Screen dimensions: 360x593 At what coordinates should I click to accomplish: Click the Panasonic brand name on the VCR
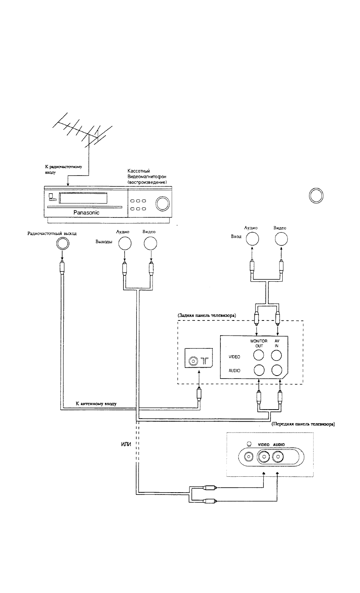(x=86, y=212)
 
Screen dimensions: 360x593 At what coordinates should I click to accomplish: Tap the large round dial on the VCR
(x=162, y=203)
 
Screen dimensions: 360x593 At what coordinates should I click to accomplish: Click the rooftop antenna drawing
(x=82, y=132)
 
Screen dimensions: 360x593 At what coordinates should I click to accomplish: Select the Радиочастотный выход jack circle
(x=63, y=243)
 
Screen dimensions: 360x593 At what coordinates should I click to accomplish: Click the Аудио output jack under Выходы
(x=125, y=243)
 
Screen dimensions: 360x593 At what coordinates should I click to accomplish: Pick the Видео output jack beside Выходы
(x=150, y=243)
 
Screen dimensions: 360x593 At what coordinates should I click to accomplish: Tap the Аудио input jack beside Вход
(x=252, y=239)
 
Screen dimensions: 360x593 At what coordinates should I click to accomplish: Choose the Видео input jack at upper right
(x=281, y=239)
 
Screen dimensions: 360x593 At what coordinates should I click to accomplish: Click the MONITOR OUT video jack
(x=258, y=355)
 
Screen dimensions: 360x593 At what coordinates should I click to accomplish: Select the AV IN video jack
(x=276, y=355)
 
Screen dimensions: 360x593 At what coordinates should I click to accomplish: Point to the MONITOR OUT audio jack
(x=259, y=370)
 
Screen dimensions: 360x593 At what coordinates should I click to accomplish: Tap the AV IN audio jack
(x=277, y=370)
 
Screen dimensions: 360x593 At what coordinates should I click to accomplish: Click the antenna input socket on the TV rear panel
(x=193, y=361)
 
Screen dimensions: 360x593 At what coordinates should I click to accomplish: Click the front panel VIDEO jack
(x=264, y=457)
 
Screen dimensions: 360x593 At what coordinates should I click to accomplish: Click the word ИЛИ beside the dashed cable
(x=126, y=444)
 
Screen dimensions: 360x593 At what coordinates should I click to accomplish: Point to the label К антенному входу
(x=96, y=404)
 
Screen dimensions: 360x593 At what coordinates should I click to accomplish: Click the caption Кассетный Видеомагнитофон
(x=147, y=174)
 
